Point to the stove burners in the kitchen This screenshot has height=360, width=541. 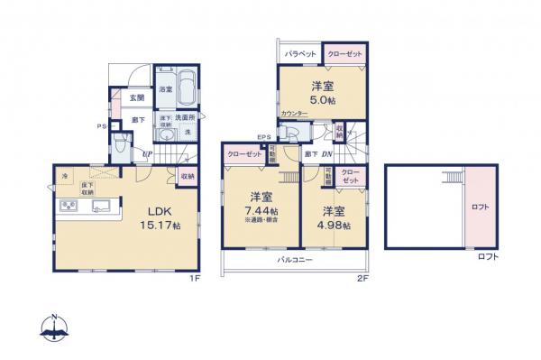click(x=69, y=207)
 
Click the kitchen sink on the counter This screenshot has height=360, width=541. click(x=100, y=206)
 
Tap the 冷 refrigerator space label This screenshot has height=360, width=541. click(x=65, y=176)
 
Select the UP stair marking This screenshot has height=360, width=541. click(x=145, y=155)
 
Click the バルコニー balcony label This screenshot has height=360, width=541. click(x=295, y=259)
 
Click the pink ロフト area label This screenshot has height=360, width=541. click(x=481, y=207)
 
